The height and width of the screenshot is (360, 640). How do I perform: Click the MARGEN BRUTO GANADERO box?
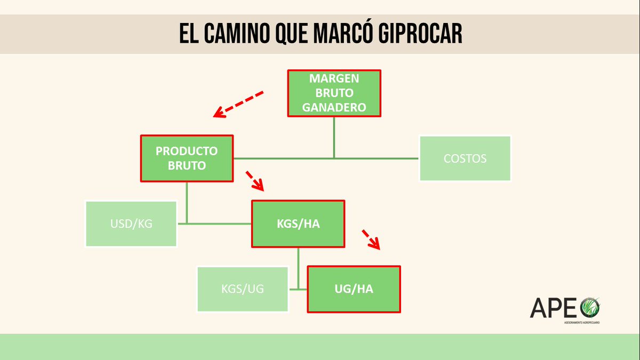click(x=334, y=93)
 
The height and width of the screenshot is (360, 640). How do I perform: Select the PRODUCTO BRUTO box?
click(x=187, y=158)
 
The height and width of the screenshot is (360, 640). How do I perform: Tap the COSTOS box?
click(x=465, y=158)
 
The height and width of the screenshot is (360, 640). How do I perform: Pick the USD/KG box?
click(x=131, y=223)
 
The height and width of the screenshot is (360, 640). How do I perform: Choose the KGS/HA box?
click(x=298, y=223)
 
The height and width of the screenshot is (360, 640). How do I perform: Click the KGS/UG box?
click(x=243, y=289)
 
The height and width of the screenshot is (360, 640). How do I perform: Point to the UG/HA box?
click(x=354, y=289)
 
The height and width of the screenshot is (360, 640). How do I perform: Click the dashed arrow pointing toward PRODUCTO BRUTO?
click(x=238, y=104)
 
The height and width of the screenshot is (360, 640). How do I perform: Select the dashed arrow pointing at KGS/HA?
click(x=254, y=181)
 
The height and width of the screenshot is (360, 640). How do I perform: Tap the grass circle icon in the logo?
click(x=591, y=307)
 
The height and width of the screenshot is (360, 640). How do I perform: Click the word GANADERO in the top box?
click(x=334, y=107)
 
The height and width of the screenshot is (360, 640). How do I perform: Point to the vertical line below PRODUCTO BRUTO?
click(x=187, y=203)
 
